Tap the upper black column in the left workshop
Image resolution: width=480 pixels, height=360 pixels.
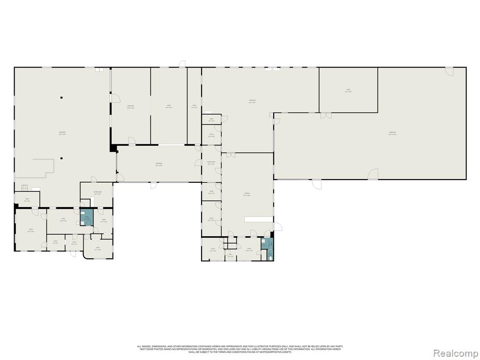tap(60, 97)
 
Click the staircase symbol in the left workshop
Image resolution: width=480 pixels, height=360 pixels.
tap(24, 188)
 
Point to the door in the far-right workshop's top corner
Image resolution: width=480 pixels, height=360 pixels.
tap(450, 71)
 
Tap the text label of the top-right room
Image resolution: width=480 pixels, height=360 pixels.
tap(348, 90)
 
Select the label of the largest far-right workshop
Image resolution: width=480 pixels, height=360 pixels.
tap(393, 134)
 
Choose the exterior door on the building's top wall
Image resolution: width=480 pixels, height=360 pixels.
tap(182, 64)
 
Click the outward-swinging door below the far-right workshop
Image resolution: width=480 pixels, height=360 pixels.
tap(373, 174)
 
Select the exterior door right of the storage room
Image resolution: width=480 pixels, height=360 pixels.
tap(278, 227)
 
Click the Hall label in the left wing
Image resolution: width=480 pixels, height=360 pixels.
tap(74, 243)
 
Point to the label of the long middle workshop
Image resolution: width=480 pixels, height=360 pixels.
tap(159, 164)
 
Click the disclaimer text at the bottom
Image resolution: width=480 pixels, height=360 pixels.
tap(240, 349)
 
